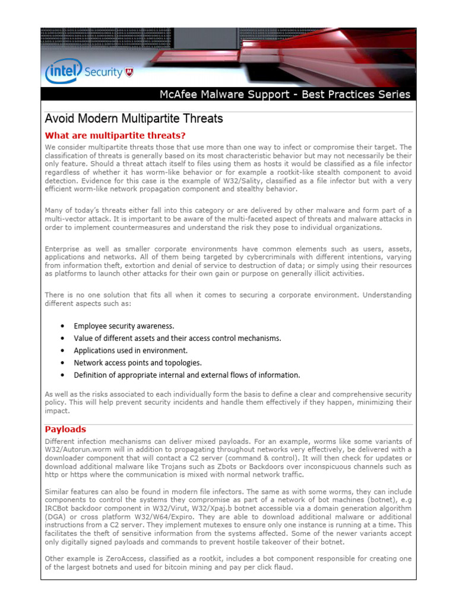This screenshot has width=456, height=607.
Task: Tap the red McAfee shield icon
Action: tap(129, 72)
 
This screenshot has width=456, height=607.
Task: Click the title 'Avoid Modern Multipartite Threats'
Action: tap(134, 119)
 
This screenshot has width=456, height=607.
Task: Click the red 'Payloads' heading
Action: tap(66, 429)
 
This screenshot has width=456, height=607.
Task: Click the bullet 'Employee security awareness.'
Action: tap(123, 326)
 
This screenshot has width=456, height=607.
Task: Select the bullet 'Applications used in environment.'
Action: tap(130, 350)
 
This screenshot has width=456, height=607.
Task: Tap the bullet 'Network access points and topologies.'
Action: tap(137, 362)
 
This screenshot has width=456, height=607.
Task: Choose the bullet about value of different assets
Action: tap(177, 338)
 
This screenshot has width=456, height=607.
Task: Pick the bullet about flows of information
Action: tap(186, 375)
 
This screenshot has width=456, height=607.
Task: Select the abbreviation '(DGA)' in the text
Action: tap(56, 516)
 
